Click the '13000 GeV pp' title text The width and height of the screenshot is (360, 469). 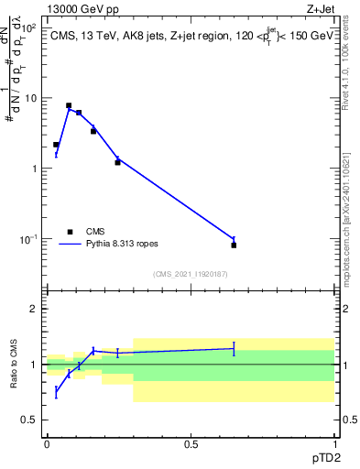coord(83,8)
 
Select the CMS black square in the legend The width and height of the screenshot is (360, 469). coord(70,232)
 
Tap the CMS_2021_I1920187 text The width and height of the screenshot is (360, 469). coord(191,274)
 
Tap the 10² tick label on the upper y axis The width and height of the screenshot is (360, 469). coord(29,27)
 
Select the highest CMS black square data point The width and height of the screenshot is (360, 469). coord(69,105)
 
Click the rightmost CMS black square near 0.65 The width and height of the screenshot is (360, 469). coord(234,245)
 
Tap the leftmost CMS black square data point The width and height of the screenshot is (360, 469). coord(56,145)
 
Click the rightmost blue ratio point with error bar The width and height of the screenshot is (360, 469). coord(234,348)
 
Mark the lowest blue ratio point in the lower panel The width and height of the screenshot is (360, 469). coord(56,392)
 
